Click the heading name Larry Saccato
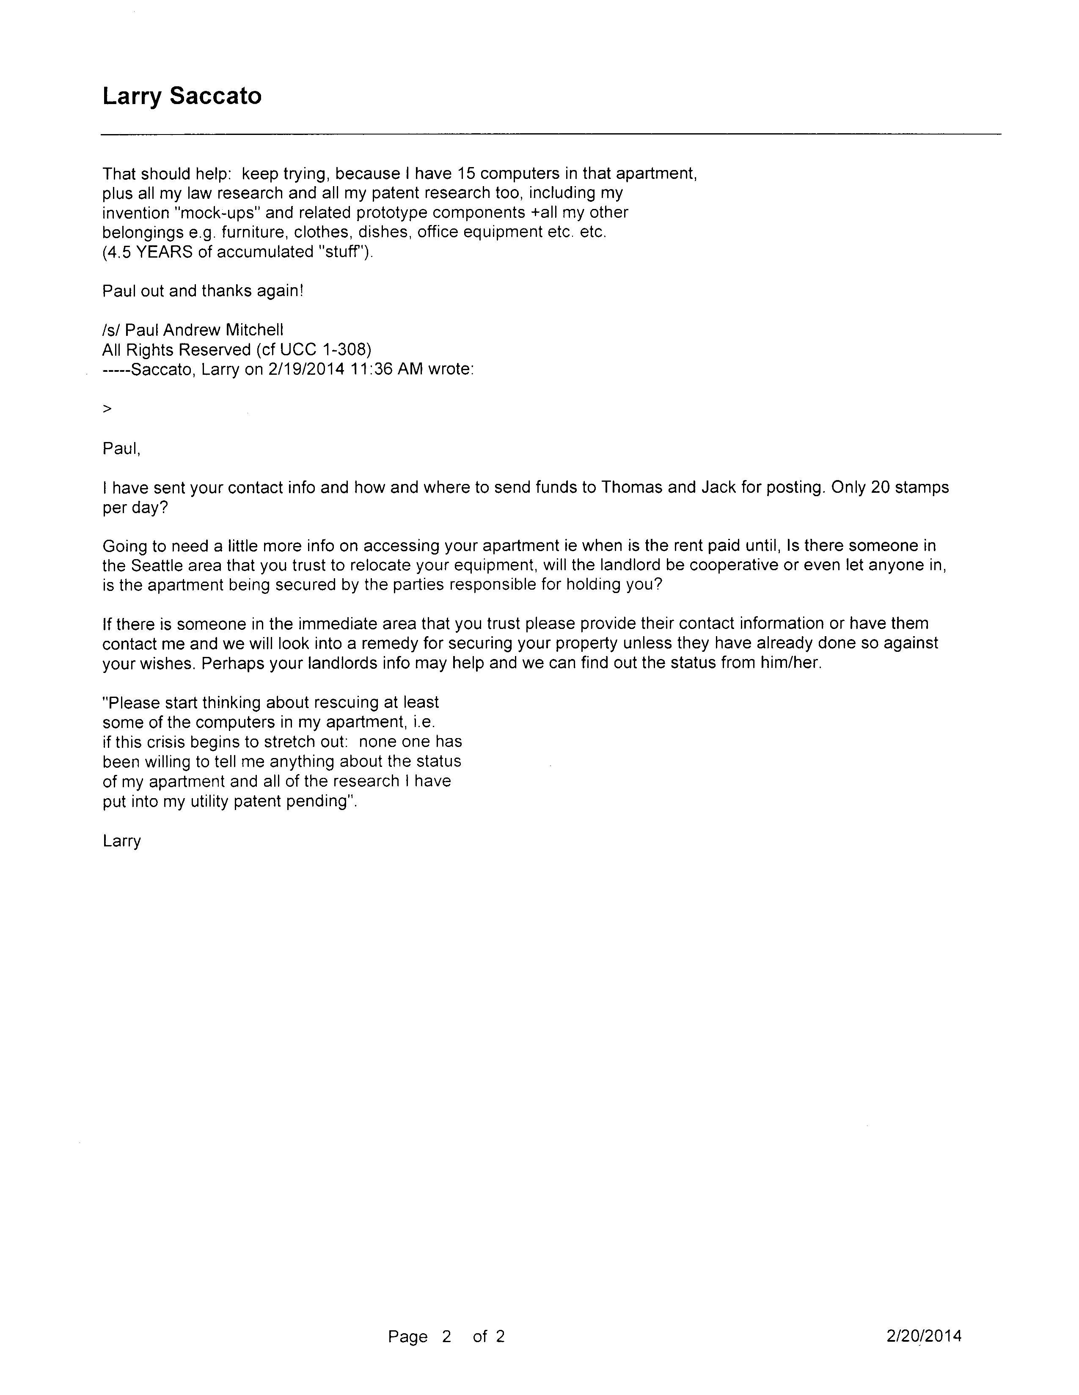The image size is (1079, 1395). tap(182, 96)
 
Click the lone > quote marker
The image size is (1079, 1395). tap(107, 409)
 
